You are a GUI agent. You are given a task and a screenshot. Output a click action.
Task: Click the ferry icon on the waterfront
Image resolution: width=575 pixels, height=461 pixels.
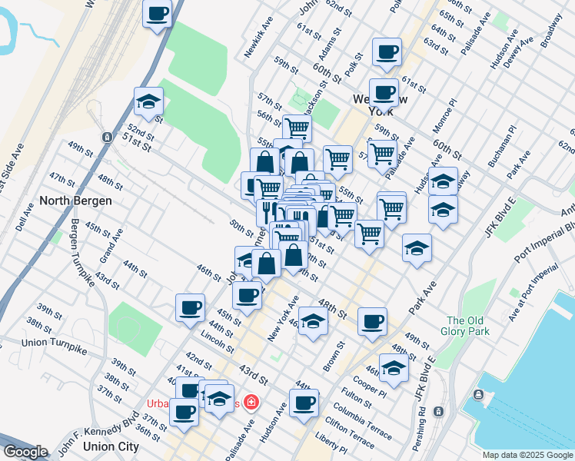tap(480, 395)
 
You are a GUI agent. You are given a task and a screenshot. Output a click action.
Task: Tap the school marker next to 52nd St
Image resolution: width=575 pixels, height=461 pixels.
tap(148, 101)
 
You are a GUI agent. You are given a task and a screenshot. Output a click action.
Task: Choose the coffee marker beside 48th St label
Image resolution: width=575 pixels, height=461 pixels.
tap(372, 322)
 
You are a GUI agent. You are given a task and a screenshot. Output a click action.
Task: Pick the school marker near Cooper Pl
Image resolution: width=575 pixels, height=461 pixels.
tap(394, 367)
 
